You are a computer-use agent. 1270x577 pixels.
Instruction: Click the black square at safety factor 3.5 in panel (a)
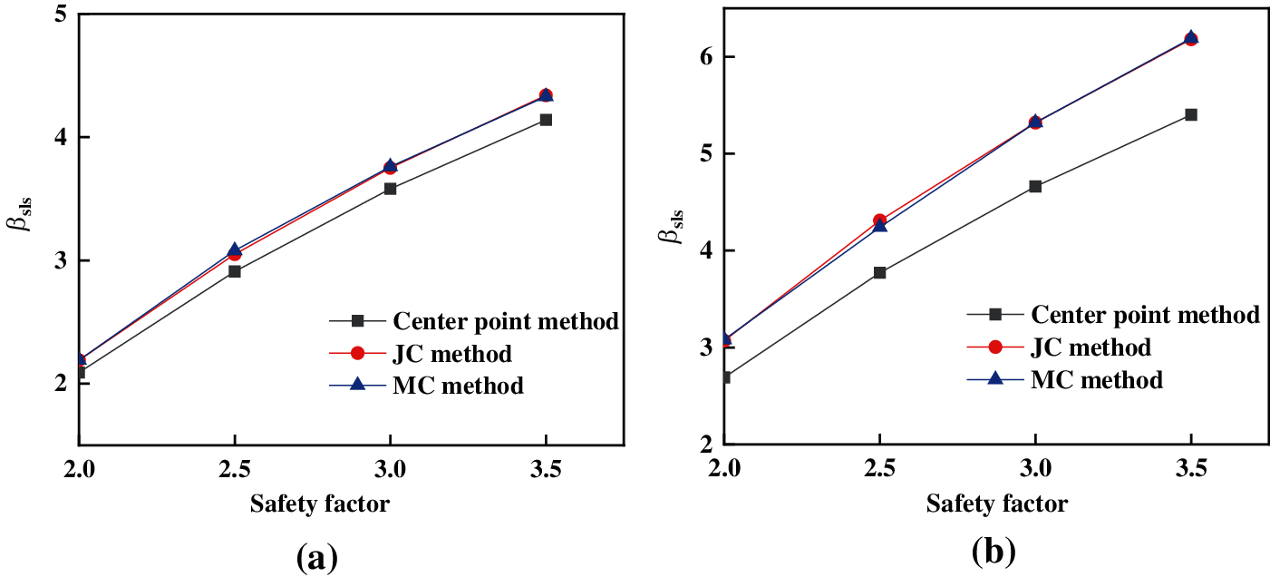point(546,120)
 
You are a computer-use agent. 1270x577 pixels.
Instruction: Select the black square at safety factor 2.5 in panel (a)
point(235,271)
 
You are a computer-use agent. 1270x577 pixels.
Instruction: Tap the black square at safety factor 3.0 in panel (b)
point(1035,187)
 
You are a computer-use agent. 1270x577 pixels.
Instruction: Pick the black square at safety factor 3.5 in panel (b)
point(1191,114)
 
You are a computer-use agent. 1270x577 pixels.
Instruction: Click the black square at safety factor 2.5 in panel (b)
point(879,272)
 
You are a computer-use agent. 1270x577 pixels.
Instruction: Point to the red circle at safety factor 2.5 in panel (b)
point(879,220)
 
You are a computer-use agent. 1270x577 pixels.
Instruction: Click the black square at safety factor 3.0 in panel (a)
point(390,189)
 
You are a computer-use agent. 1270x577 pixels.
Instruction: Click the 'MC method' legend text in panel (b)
point(1096,379)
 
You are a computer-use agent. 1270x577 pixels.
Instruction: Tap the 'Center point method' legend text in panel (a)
point(506,320)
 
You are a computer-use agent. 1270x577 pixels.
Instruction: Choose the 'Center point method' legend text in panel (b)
point(1145,314)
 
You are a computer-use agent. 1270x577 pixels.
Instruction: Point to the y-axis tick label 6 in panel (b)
point(703,57)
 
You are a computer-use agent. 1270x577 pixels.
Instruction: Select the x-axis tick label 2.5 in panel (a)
point(235,472)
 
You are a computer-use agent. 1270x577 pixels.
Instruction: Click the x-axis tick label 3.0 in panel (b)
point(1035,470)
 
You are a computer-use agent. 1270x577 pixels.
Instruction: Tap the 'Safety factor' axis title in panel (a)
point(320,504)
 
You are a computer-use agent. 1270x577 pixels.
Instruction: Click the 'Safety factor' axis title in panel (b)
point(996,504)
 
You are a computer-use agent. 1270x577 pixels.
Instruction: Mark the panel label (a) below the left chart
point(317,556)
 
